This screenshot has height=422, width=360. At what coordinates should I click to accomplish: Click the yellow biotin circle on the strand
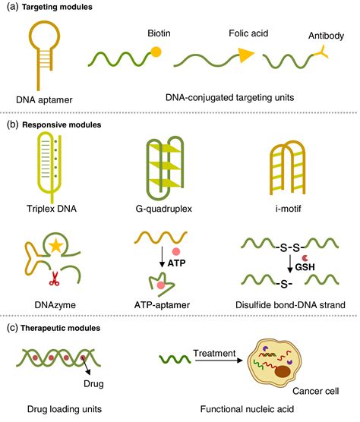pyautogui.click(x=156, y=52)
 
